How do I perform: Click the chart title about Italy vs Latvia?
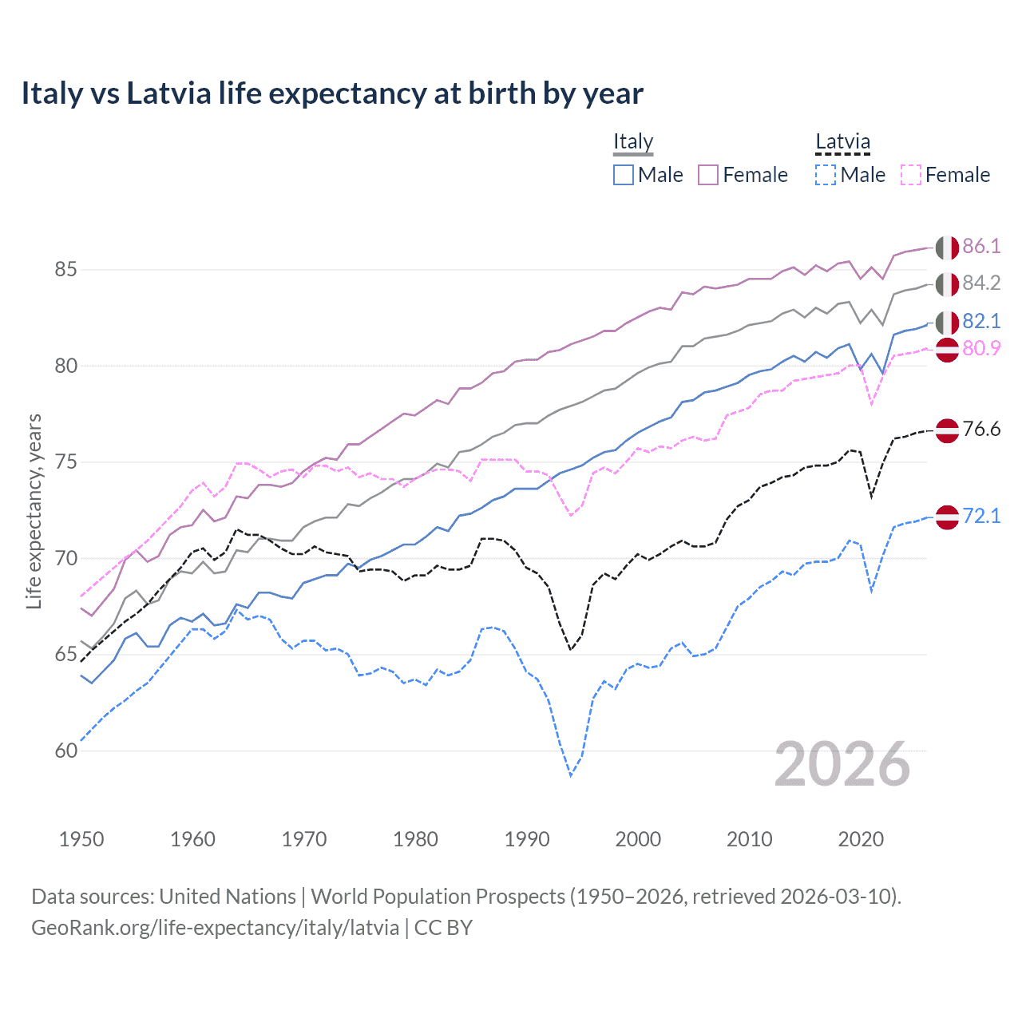[332, 93]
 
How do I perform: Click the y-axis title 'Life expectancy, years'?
[34, 511]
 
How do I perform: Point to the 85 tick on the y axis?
[65, 270]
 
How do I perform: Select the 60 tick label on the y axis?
[65, 751]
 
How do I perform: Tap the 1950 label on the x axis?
[81, 839]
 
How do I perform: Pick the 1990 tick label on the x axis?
[527, 839]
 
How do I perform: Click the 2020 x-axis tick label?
[861, 839]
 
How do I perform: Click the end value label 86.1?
[981, 246]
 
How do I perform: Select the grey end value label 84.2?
[981, 283]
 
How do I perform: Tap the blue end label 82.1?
[981, 321]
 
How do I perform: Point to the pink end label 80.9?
[981, 348]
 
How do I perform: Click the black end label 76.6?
[981, 430]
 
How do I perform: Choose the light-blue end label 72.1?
[981, 517]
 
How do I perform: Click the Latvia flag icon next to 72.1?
[947, 517]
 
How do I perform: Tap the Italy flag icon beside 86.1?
[947, 247]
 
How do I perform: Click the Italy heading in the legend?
[633, 142]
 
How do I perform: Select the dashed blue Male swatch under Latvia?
[826, 175]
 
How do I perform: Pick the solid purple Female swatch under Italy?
[708, 175]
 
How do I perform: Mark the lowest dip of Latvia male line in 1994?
[571, 775]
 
